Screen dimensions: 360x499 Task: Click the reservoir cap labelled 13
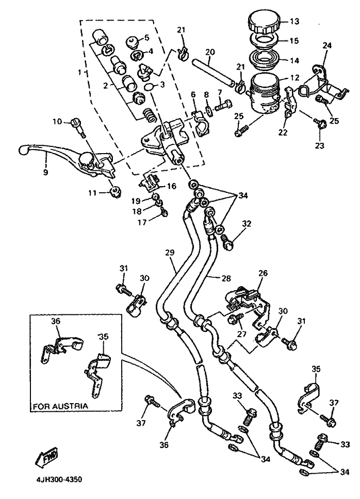click(x=265, y=21)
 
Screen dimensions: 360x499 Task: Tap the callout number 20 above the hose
click(x=210, y=52)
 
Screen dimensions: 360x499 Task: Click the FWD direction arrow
click(x=46, y=457)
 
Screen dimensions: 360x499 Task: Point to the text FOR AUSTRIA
click(x=60, y=406)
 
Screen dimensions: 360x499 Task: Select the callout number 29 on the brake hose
click(x=170, y=253)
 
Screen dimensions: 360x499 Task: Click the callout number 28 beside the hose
click(x=226, y=278)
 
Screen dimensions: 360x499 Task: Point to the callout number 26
click(x=263, y=273)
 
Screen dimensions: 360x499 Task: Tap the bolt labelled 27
click(x=235, y=317)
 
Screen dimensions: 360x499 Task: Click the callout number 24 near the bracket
click(x=327, y=45)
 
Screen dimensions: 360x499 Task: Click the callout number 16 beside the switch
click(x=172, y=186)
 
